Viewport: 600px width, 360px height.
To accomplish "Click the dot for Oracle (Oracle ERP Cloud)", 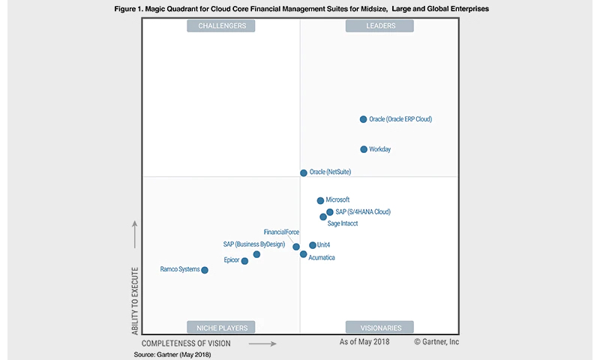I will point(363,119).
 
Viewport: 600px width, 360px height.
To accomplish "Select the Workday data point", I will point(364,149).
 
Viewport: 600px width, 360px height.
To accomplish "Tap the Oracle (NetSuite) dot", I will point(304,172).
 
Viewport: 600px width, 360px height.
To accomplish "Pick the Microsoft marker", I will point(320,200).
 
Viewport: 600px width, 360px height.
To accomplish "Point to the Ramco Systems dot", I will point(205,270).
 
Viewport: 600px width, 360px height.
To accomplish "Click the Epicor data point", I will point(244,261).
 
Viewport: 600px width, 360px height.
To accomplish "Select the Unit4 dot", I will point(313,245).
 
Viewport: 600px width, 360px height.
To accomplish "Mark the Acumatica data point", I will point(304,254).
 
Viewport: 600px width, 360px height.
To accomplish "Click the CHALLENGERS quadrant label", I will point(221,26).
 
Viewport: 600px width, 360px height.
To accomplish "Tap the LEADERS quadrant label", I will point(380,26).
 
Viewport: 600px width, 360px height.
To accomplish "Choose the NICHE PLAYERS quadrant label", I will point(221,327).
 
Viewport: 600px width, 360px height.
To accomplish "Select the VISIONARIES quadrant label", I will point(380,327).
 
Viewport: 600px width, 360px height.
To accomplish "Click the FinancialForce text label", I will point(281,232).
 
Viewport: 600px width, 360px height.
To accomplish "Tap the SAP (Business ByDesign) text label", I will point(255,244).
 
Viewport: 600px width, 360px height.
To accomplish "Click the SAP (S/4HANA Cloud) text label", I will point(363,212).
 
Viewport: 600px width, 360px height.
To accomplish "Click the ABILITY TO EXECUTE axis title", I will point(136,300).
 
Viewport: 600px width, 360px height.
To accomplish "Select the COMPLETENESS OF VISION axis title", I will point(186,343).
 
